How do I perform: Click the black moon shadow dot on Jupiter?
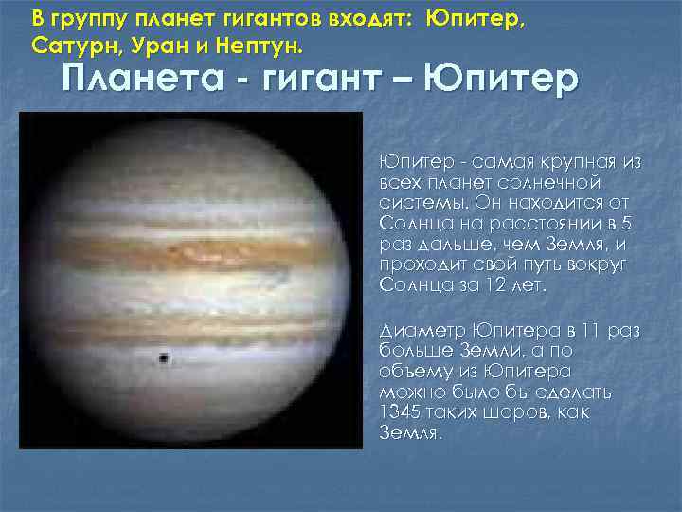[x=165, y=358]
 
